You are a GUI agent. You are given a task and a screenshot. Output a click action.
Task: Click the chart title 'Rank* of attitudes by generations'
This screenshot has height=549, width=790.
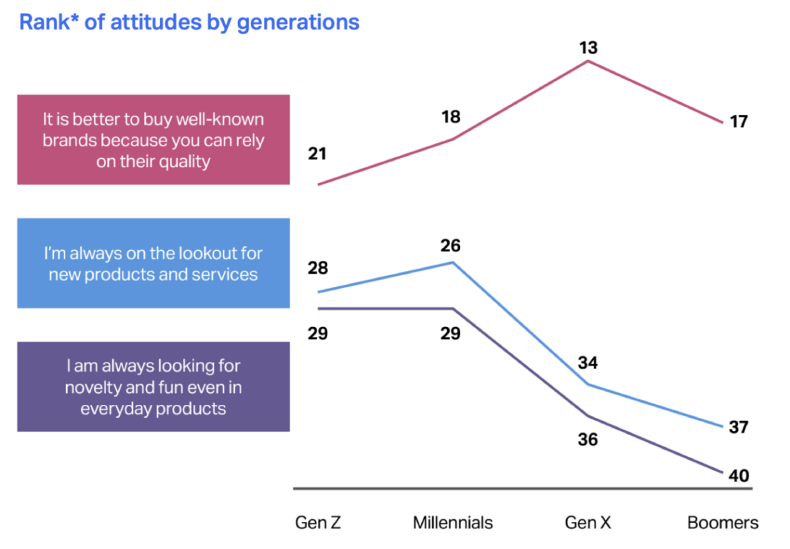point(189,22)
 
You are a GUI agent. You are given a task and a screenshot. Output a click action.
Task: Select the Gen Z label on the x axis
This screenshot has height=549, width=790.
point(318,522)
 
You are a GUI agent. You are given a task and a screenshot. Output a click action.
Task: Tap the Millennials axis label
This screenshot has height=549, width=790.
point(453,522)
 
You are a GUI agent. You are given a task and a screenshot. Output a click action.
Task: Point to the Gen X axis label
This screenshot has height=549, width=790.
point(588,522)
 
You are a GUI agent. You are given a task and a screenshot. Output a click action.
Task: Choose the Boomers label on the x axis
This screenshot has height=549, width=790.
point(723,522)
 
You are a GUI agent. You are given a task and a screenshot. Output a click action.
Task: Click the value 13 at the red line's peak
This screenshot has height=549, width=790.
point(589,48)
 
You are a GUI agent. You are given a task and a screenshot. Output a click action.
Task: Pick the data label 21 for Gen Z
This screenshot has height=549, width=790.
point(317,154)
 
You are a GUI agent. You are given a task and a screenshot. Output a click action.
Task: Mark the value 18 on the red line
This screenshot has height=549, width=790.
point(451,116)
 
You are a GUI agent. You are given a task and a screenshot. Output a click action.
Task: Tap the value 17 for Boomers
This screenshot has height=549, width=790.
point(739,122)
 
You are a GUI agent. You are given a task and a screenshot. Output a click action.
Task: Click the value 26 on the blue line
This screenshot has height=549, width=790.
point(451,245)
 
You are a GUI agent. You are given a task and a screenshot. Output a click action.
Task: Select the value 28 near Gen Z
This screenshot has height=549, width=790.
point(317,268)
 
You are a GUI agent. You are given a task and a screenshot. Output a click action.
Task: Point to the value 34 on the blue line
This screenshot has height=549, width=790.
point(588,363)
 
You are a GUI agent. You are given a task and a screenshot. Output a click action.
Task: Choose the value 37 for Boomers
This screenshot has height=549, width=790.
point(739,427)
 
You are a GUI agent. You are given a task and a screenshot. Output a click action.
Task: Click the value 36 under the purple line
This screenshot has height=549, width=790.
point(588,439)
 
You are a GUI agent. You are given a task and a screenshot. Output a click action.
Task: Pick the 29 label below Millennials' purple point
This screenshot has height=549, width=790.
point(451,333)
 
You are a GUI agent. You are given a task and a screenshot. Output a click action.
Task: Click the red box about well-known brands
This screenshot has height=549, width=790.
point(153,140)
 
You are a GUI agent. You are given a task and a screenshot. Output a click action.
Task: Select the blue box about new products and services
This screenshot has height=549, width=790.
point(153,263)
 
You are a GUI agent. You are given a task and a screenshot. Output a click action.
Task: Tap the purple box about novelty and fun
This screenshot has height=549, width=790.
point(153,387)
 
